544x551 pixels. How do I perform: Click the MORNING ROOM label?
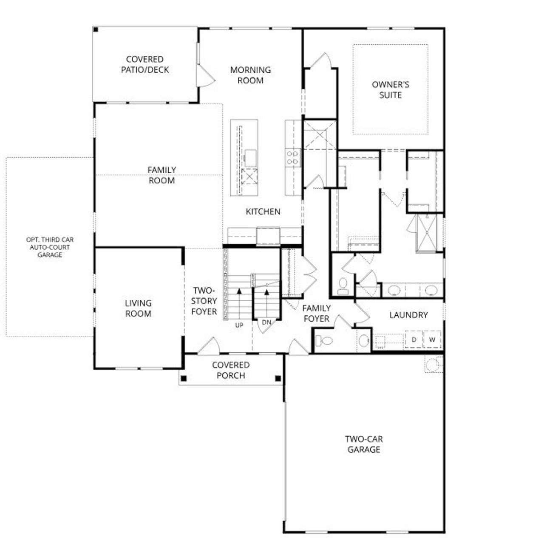point(250,75)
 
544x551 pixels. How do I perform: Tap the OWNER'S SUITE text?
point(390,89)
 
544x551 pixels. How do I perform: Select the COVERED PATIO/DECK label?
point(144,64)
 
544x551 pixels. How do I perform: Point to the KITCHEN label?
point(263,211)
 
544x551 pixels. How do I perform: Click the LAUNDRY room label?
point(408,315)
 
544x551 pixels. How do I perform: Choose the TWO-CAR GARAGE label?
point(363,444)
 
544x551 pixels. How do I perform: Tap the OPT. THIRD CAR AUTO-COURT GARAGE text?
point(49,247)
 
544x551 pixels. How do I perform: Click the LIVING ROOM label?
point(138,308)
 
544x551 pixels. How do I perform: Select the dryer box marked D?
point(414,340)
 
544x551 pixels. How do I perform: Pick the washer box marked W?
point(432,340)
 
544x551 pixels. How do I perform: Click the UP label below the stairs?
point(239,325)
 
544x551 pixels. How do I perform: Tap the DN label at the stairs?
point(266,323)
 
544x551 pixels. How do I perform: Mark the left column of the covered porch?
point(184,378)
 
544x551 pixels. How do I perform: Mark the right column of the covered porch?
point(278,378)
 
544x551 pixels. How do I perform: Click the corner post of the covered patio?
point(96,30)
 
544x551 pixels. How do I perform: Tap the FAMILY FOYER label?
point(316,313)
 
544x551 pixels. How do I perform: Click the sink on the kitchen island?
point(250,158)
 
